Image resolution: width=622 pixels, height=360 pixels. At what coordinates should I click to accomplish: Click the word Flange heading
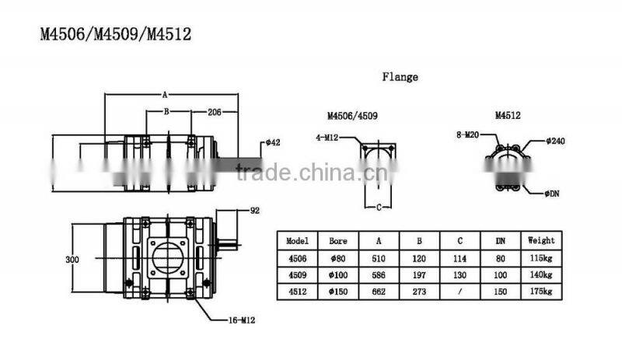[400, 77]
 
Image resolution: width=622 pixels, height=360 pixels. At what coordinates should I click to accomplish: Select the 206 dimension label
[215, 112]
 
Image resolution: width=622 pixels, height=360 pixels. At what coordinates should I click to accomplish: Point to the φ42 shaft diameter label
[273, 142]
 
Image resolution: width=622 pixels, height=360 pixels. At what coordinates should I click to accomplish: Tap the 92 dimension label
[254, 211]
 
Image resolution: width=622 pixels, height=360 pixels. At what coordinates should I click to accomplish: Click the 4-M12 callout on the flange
[327, 137]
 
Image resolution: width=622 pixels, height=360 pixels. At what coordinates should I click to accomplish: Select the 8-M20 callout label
[467, 135]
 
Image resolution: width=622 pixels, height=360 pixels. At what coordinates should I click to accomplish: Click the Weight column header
[540, 240]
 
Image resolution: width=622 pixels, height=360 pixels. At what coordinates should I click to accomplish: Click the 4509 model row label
[298, 274]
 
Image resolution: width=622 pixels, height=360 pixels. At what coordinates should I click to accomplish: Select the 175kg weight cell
[540, 292]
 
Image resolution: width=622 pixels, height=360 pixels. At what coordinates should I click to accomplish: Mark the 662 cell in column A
[379, 292]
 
